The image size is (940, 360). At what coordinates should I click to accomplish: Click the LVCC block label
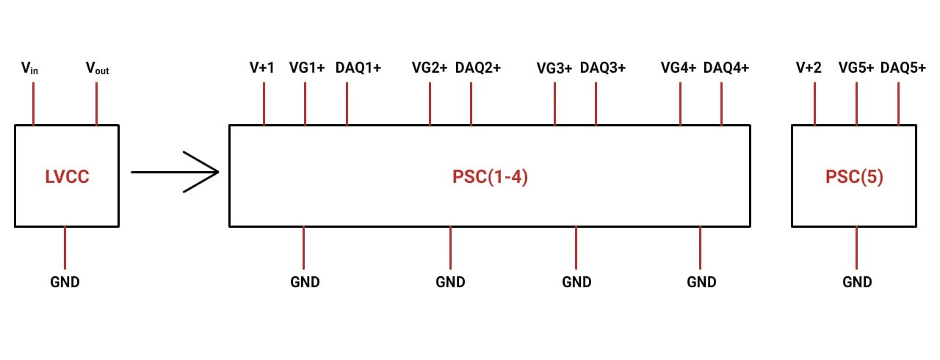(x=67, y=177)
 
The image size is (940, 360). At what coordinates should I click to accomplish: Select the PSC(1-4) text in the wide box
(x=491, y=177)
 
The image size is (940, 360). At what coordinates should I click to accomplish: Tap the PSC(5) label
(x=854, y=177)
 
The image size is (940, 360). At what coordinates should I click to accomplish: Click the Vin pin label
(x=29, y=68)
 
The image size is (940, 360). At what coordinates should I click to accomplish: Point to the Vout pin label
(x=97, y=68)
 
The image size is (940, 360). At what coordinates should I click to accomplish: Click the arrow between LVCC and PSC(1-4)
(x=176, y=173)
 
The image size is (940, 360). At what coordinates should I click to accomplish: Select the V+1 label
(x=262, y=68)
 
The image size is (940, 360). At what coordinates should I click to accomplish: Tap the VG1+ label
(x=307, y=68)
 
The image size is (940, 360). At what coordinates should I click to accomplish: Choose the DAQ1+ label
(x=358, y=68)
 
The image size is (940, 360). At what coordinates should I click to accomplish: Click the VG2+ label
(x=430, y=68)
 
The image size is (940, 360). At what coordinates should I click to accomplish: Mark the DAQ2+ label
(x=478, y=68)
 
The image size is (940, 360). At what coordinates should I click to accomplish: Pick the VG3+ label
(x=554, y=68)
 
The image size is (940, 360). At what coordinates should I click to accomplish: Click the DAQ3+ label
(x=603, y=68)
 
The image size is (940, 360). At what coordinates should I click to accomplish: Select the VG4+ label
(x=679, y=68)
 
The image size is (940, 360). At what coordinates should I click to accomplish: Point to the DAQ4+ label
(x=726, y=68)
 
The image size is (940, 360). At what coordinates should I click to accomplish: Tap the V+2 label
(x=809, y=68)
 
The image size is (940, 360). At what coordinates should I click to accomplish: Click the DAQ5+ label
(x=903, y=68)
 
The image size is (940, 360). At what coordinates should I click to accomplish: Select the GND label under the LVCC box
(x=65, y=281)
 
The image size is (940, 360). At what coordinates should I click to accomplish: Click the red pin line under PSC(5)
(x=856, y=248)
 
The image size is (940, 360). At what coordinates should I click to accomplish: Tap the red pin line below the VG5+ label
(x=856, y=104)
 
